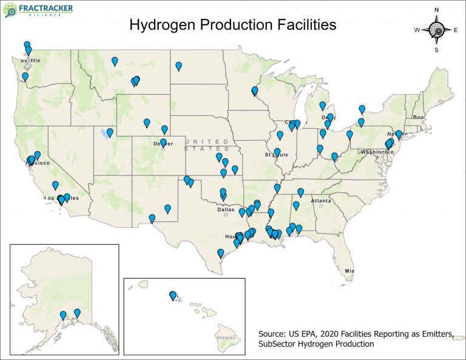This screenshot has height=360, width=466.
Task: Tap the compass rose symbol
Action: (x=436, y=29)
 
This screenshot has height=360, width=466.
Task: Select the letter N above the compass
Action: (x=436, y=10)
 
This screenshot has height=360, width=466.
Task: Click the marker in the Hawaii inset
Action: (x=173, y=296)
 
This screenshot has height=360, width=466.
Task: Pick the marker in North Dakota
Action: (x=178, y=66)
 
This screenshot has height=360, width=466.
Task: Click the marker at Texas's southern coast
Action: (x=220, y=253)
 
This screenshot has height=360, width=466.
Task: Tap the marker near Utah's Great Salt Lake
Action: (x=110, y=132)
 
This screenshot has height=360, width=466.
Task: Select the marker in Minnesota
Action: (x=254, y=91)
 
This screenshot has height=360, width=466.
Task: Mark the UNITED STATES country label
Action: (x=208, y=144)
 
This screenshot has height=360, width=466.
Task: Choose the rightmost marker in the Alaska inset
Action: (x=77, y=313)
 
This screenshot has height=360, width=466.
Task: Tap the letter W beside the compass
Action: (x=417, y=30)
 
